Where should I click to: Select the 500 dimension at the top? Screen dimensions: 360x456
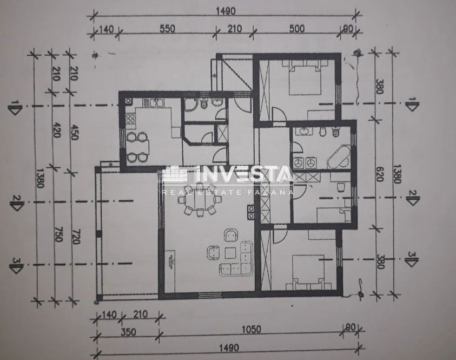(x=296, y=30)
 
